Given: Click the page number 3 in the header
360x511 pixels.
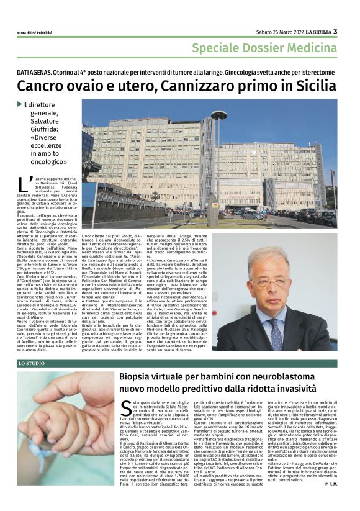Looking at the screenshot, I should pyautogui.click(x=335, y=31).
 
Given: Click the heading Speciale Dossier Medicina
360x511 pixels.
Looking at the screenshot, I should pyautogui.click(x=264, y=48).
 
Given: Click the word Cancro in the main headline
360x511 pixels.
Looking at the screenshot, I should pyautogui.click(x=41, y=85).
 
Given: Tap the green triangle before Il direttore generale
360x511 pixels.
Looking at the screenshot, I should pyautogui.click(x=20, y=104).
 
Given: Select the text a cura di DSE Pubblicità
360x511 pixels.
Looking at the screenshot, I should pyautogui.click(x=36, y=32).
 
